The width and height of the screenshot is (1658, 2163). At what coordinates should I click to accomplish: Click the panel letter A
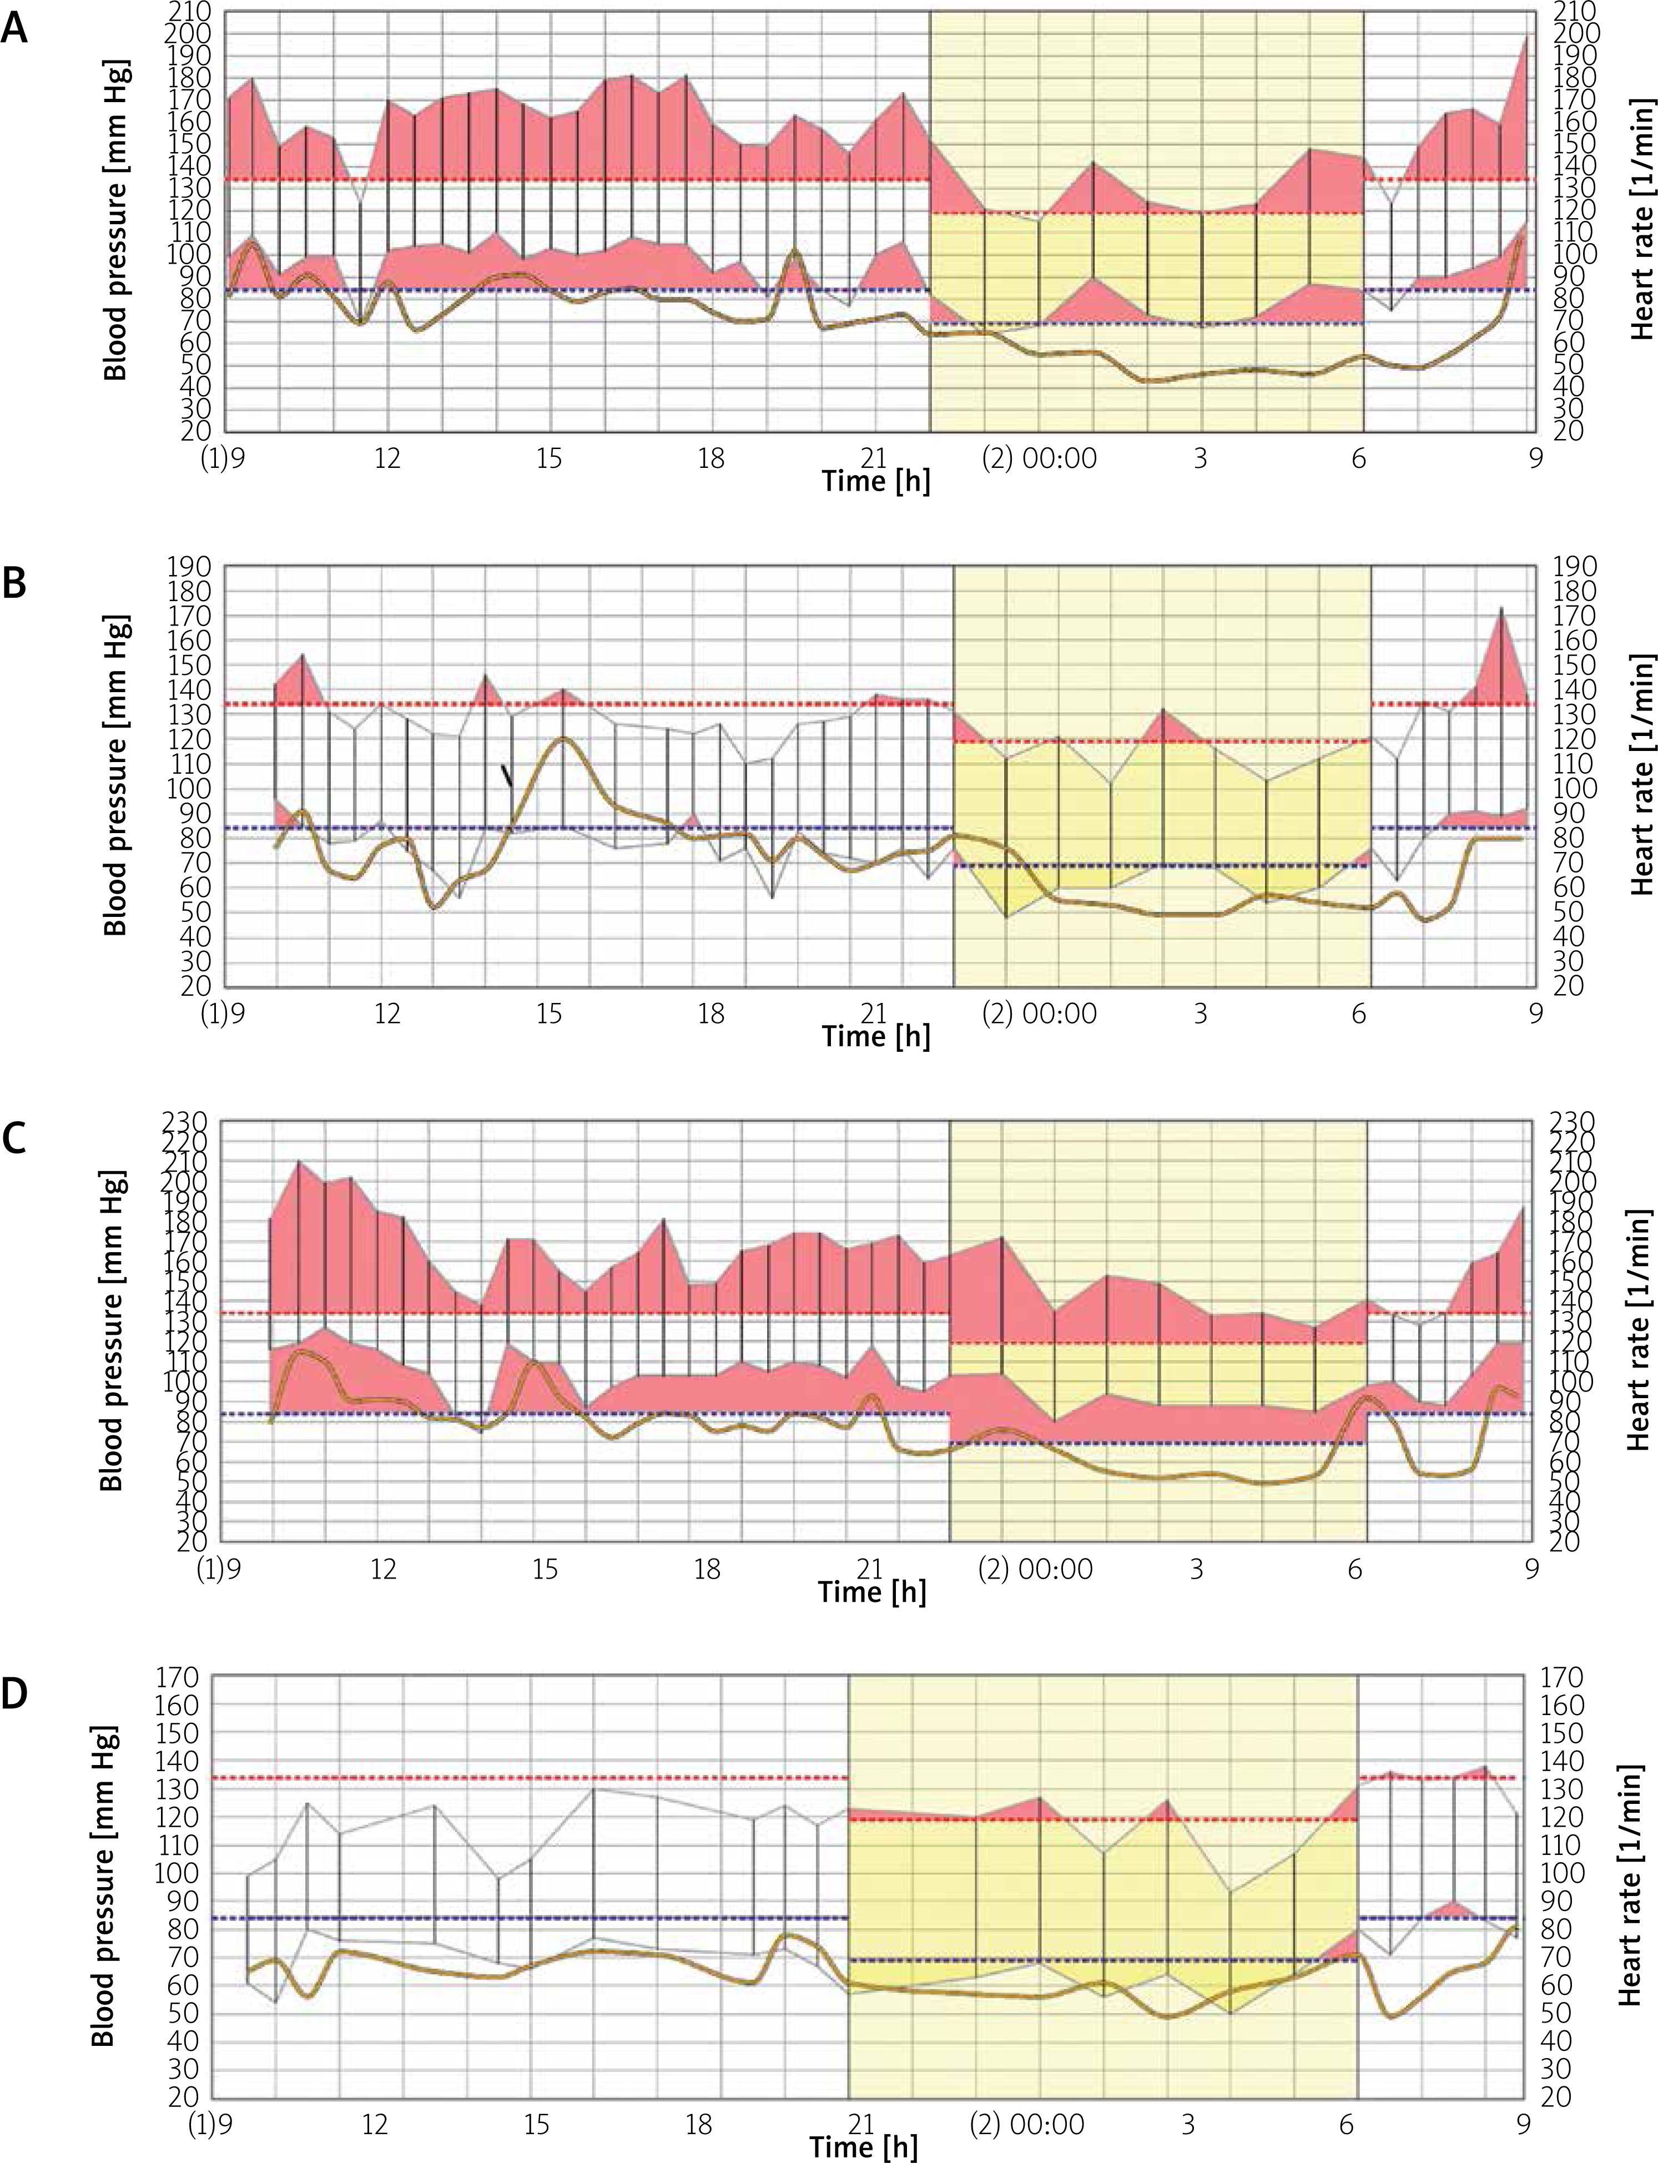point(14,29)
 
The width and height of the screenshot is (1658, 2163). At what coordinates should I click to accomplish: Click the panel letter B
point(14,583)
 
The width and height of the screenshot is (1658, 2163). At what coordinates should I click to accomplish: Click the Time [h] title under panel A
point(875,482)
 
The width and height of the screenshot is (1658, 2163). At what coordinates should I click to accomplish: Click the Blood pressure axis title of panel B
point(115,775)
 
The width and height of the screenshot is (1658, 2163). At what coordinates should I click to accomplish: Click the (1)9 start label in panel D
point(210,2124)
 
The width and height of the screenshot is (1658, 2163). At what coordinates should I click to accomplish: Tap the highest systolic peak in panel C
point(299,1162)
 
